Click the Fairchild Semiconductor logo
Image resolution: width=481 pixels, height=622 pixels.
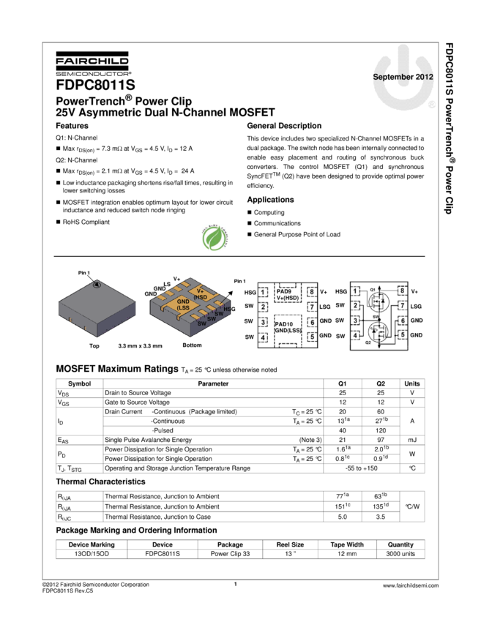[x=93, y=64]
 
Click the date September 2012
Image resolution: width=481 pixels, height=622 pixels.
[x=403, y=77]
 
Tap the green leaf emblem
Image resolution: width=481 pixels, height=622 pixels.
[x=215, y=238]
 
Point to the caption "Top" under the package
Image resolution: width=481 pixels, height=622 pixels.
[x=94, y=345]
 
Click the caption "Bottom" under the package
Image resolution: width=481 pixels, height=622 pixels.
[x=192, y=345]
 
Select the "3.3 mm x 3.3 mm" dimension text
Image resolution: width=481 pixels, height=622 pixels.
[x=140, y=345]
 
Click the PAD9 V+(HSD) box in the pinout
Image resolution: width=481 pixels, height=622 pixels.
[x=287, y=293]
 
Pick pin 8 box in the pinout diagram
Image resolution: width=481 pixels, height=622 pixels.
[x=312, y=291]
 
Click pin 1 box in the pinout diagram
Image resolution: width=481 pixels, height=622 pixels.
[x=263, y=292]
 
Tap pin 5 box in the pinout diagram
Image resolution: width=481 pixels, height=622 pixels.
[x=312, y=337]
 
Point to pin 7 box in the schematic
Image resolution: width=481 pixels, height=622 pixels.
[x=402, y=306]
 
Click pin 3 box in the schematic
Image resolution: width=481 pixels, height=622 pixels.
[x=356, y=321]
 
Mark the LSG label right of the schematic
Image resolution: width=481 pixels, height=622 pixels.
[x=416, y=307]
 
